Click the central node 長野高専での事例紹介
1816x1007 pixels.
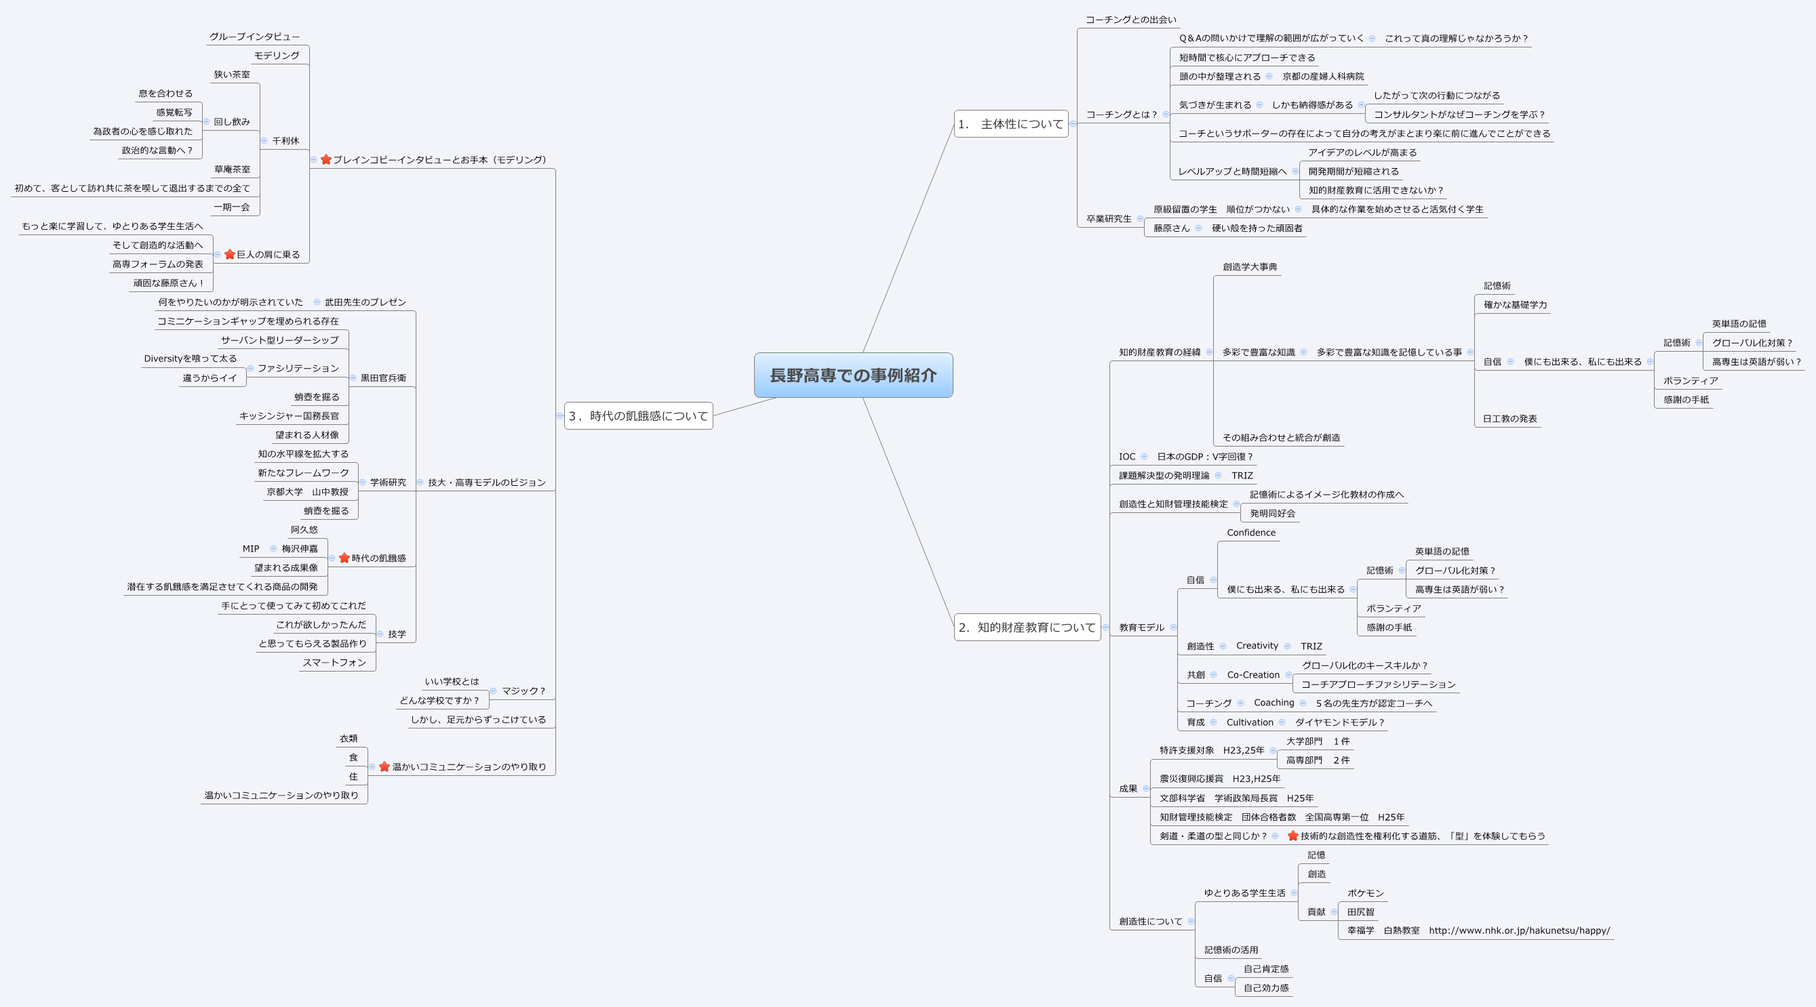pyautogui.click(x=853, y=375)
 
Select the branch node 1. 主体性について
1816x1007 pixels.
pyautogui.click(x=1010, y=124)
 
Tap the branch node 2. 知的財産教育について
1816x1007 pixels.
pyautogui.click(x=1027, y=628)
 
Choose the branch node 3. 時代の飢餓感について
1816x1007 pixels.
pyautogui.click(x=638, y=416)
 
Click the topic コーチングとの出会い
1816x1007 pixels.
pyautogui.click(x=1131, y=20)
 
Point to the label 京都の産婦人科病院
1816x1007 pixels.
pyautogui.click(x=1322, y=76)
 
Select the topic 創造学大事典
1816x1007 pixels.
pyautogui.click(x=1249, y=267)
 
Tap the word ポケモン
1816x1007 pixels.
pyautogui.click(x=1365, y=893)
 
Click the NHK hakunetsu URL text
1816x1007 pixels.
pyautogui.click(x=1519, y=930)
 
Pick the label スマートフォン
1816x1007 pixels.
pyautogui.click(x=334, y=662)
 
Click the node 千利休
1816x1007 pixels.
pyautogui.click(x=285, y=141)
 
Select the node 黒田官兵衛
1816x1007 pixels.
pyautogui.click(x=383, y=377)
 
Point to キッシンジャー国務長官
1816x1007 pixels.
pyautogui.click(x=288, y=416)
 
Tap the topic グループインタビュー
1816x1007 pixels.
pyautogui.click(x=254, y=37)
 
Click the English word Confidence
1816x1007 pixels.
pyautogui.click(x=1250, y=533)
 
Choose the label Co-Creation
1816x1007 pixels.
pyautogui.click(x=1252, y=675)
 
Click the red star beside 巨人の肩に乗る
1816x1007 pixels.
pyautogui.click(x=230, y=254)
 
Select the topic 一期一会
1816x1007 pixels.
pyautogui.click(x=231, y=207)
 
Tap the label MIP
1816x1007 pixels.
pyautogui.click(x=250, y=549)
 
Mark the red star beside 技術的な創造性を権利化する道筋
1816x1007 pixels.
pyautogui.click(x=1292, y=836)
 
